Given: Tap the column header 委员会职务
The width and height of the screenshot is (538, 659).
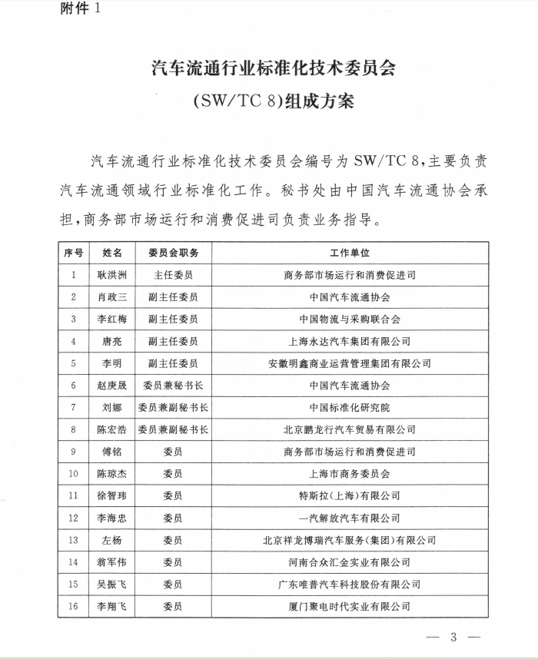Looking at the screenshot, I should coord(173,253).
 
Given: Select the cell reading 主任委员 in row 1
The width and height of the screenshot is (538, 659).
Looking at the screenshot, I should coord(173,274).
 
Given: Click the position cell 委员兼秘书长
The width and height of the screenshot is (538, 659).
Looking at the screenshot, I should coord(173,386).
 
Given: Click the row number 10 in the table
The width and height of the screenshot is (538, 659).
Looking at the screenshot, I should coord(74,474).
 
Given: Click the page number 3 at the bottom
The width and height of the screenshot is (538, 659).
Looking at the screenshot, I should coord(453,637).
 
